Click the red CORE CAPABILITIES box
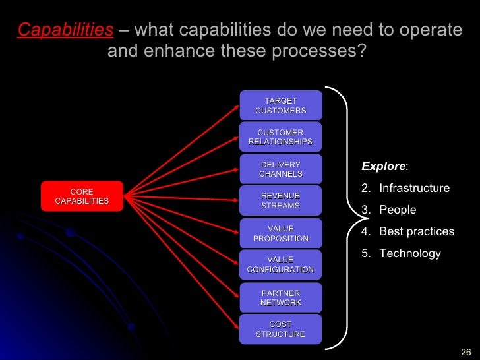click(x=82, y=196)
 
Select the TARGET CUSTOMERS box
click(x=280, y=105)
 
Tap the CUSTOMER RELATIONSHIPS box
click(x=280, y=137)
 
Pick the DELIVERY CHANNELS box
click(x=280, y=169)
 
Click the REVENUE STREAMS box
click(x=280, y=200)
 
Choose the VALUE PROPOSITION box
click(x=280, y=233)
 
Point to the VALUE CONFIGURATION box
click(x=280, y=264)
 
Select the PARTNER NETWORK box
click(x=280, y=297)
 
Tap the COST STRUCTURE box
click(x=280, y=329)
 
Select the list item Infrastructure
click(x=414, y=188)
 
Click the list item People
click(x=398, y=210)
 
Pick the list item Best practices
click(x=417, y=231)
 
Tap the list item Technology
click(x=410, y=253)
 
